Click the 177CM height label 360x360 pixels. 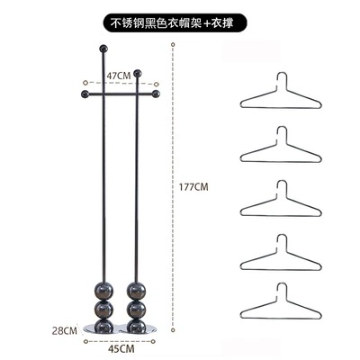[x=193, y=187]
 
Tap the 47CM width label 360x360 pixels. [x=119, y=76]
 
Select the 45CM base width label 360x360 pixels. [x=121, y=349]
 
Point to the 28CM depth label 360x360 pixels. [x=65, y=331]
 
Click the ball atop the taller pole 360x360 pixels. [x=103, y=49]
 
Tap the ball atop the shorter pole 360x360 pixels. [x=138, y=73]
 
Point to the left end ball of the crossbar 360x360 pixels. [x=85, y=94]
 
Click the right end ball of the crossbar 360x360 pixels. [x=156, y=94]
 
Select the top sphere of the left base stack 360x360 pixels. [x=104, y=291]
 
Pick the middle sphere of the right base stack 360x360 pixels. [x=137, y=309]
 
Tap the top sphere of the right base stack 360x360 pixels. [x=137, y=291]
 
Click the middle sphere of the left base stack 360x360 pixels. [x=104, y=309]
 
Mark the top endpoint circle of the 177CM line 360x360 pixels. [x=173, y=45]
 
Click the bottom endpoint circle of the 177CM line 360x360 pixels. [x=173, y=330]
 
